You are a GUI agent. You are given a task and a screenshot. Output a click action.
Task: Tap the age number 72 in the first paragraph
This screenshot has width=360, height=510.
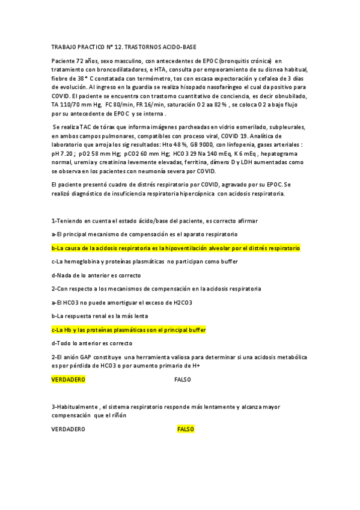(x=79, y=61)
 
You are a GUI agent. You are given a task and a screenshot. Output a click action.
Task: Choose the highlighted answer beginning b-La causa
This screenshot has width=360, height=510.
(x=175, y=248)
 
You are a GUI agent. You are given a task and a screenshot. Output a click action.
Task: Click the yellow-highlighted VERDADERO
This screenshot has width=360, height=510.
(x=68, y=379)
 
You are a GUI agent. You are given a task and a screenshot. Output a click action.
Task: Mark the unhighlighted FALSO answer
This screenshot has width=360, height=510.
(x=182, y=379)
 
